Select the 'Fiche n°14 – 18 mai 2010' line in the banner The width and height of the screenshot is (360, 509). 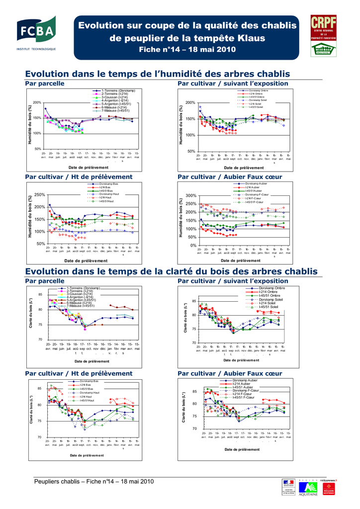(187, 49)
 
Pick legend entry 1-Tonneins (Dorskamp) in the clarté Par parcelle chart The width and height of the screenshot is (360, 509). (83, 288)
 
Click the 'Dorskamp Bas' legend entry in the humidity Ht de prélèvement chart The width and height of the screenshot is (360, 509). (109, 183)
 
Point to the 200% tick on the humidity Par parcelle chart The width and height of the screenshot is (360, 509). (37, 102)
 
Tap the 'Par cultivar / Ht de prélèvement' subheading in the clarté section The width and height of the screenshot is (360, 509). (79, 373)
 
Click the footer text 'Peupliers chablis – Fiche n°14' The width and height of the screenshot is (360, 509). (94, 481)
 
